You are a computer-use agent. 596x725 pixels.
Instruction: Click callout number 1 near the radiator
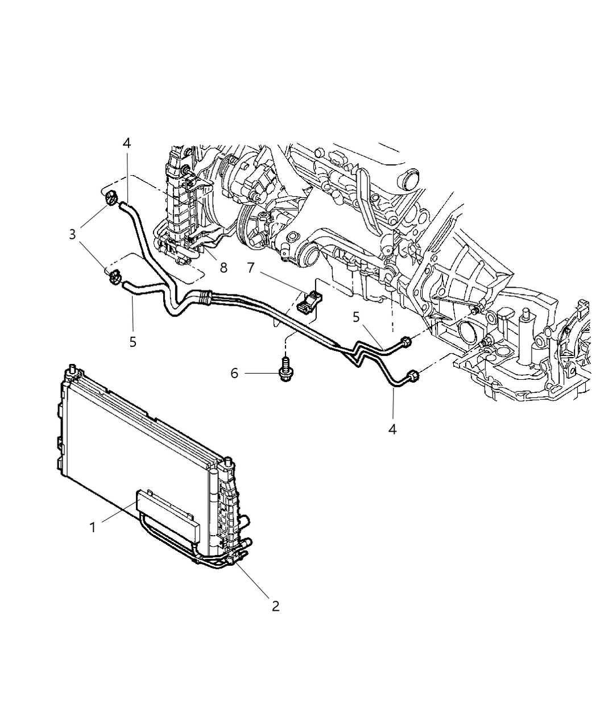[92, 528]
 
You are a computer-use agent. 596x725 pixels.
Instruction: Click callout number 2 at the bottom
[275, 606]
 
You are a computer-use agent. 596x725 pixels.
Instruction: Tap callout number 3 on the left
[72, 234]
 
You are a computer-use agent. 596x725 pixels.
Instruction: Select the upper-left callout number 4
[126, 143]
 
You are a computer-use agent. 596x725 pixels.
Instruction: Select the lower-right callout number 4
[392, 429]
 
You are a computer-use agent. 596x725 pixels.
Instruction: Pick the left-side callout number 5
[133, 342]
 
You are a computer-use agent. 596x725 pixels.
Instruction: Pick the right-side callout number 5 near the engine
[356, 317]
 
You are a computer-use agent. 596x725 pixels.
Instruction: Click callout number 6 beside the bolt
[234, 374]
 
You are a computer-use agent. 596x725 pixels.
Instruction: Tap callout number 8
[223, 267]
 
